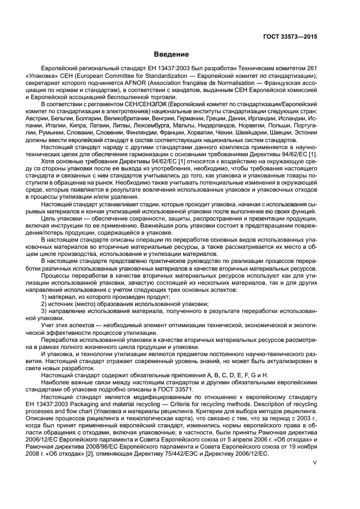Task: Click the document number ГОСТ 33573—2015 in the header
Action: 289,37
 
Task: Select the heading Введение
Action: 172,54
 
